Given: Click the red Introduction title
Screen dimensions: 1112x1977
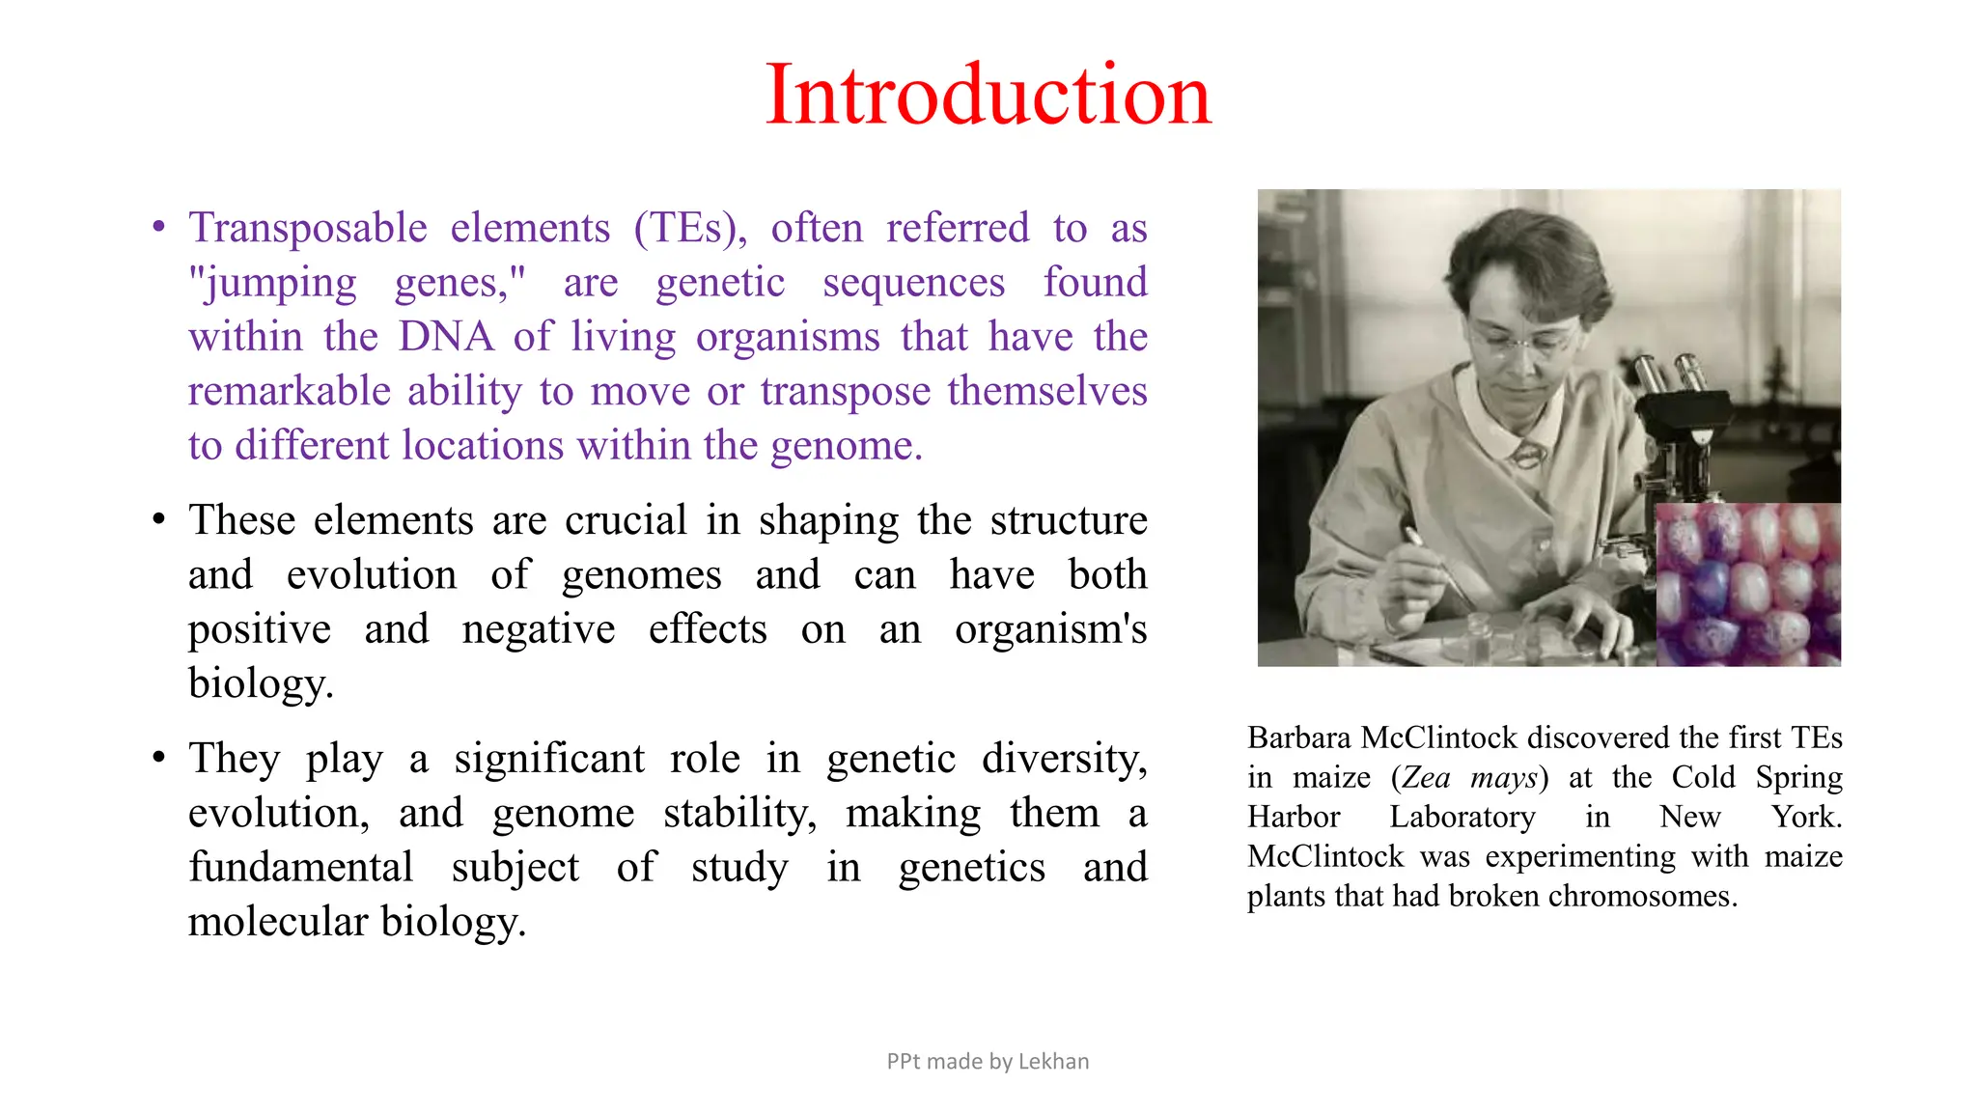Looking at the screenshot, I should click(x=988, y=95).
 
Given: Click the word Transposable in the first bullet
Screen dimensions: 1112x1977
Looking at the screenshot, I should click(x=307, y=229).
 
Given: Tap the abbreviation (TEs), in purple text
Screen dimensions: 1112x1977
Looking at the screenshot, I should click(x=690, y=229).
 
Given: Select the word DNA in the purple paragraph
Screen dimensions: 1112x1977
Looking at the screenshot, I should click(x=445, y=337).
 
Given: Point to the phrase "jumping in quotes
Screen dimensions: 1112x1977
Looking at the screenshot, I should click(x=273, y=284).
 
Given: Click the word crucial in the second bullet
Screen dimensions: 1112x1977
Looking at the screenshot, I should click(x=626, y=520).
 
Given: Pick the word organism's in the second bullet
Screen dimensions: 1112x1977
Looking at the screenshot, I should click(x=1050, y=630).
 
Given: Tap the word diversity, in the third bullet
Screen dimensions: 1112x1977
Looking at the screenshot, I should click(x=1064, y=759).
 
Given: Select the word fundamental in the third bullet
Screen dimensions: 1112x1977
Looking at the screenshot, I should click(x=300, y=867).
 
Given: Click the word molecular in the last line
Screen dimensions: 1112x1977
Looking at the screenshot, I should click(x=278, y=922).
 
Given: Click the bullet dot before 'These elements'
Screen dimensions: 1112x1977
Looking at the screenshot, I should click(x=159, y=520).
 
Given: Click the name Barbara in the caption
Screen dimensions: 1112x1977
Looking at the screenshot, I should click(x=1298, y=738).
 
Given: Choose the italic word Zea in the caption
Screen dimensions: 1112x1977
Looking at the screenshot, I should click(x=1427, y=778).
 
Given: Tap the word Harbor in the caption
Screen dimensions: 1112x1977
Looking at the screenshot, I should click(x=1294, y=818).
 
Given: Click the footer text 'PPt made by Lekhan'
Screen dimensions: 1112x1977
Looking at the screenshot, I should click(x=988, y=1062).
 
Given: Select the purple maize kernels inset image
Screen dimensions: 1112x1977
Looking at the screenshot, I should click(x=1748, y=585).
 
